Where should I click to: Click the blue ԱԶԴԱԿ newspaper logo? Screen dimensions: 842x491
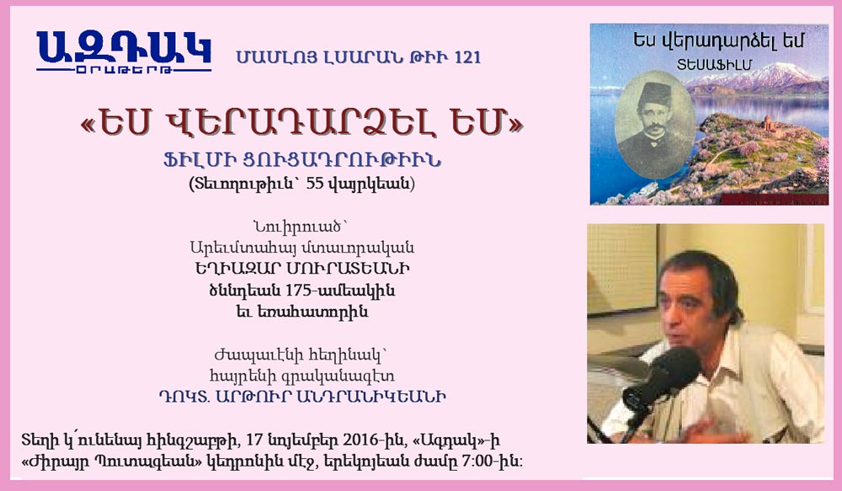124,51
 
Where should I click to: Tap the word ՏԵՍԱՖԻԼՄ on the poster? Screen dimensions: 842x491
714,65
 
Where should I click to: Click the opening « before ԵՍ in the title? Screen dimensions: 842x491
88,125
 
